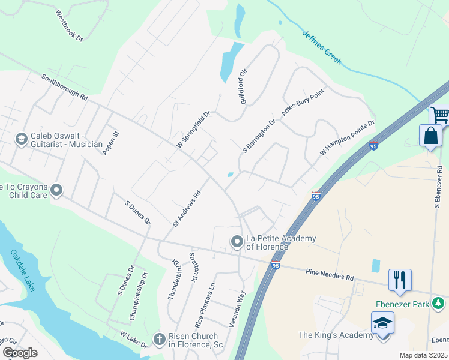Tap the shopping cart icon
point(440,114)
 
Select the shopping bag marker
point(431,136)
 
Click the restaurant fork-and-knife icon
point(400,280)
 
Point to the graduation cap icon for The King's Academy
point(382,323)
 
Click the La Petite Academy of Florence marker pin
point(237,242)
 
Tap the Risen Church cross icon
point(160,340)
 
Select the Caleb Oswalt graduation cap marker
point(22,140)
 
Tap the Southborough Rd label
point(65,87)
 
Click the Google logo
point(20,353)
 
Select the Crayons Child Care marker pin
point(57,191)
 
